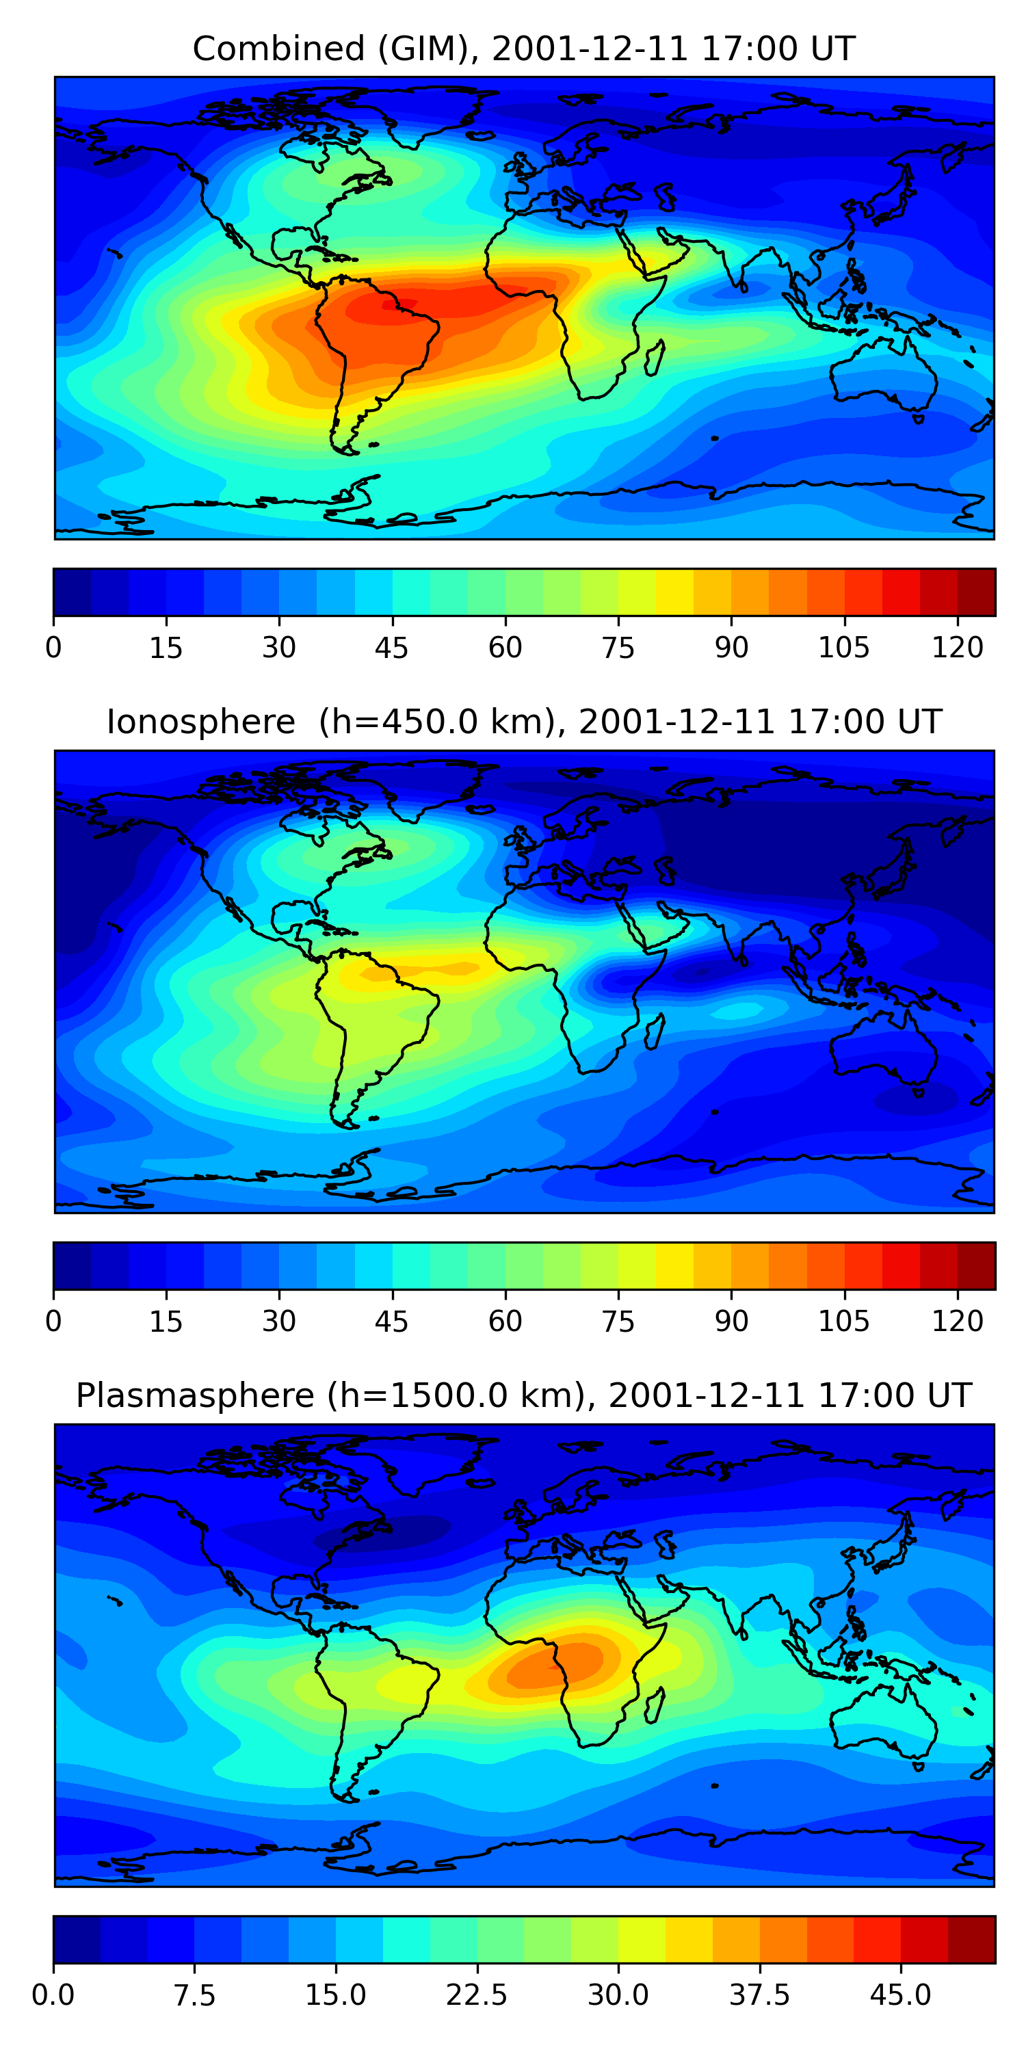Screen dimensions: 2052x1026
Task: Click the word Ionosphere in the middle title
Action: pyautogui.click(x=200, y=722)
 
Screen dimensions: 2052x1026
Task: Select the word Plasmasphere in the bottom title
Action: pyautogui.click(x=195, y=1395)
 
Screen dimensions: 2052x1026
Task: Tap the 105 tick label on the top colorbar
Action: pyautogui.click(x=843, y=648)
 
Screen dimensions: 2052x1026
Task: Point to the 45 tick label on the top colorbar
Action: pyautogui.click(x=391, y=648)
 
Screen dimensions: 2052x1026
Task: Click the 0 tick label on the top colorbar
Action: pyautogui.click(x=53, y=648)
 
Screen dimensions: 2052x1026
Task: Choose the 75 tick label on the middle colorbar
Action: pyautogui.click(x=618, y=1321)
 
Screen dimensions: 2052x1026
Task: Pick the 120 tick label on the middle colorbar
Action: pyautogui.click(x=958, y=1321)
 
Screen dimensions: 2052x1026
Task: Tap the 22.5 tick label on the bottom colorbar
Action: pyautogui.click(x=476, y=1995)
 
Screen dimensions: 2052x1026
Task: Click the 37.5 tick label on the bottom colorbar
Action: pyautogui.click(x=759, y=1995)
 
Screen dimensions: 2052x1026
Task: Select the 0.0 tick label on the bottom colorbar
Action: pyautogui.click(x=53, y=1995)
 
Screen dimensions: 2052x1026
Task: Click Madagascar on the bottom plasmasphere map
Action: pyautogui.click(x=654, y=1705)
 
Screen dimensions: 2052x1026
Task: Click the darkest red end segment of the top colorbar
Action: pyautogui.click(x=976, y=592)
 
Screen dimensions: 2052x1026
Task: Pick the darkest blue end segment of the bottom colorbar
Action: pyautogui.click(x=77, y=1940)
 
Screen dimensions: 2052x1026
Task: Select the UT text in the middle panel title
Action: pyautogui.click(x=919, y=722)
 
